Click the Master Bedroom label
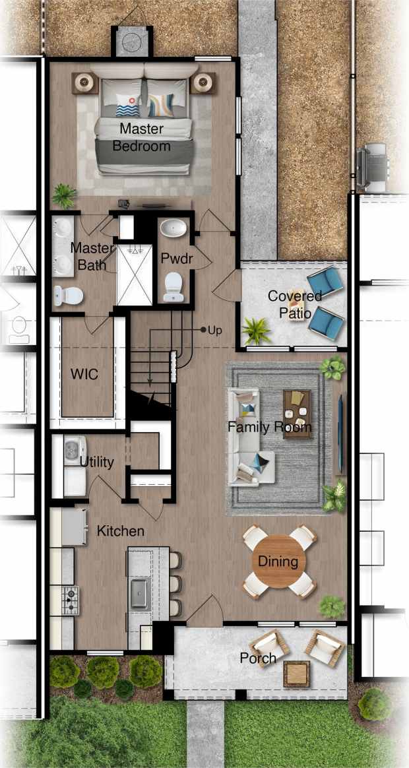(141, 137)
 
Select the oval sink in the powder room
(174, 230)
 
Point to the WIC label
(84, 375)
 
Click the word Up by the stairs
(215, 330)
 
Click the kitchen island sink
(139, 592)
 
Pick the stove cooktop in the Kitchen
(69, 600)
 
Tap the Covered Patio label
(295, 304)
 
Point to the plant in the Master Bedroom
(65, 195)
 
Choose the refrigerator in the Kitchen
(74, 527)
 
